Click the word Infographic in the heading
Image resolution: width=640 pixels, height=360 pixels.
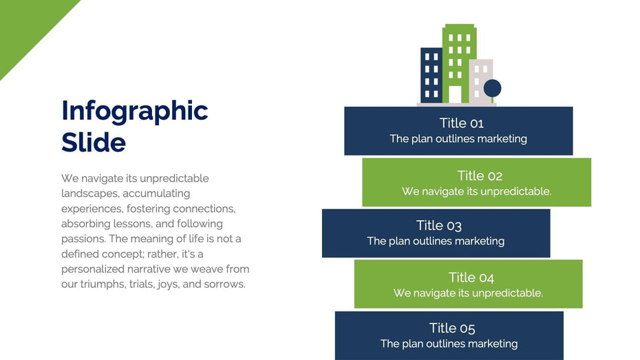coord(135,112)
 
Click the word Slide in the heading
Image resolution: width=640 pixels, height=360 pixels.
coord(94,142)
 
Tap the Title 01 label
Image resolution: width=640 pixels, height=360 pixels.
coord(461,123)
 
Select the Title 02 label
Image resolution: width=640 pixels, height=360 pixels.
coord(480,176)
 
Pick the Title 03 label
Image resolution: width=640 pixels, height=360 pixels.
coord(439,225)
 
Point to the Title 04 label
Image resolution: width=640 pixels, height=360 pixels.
coord(471,277)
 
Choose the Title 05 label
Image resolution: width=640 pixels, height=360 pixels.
coord(452,328)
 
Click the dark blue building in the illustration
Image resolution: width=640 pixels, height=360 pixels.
coord(431,75)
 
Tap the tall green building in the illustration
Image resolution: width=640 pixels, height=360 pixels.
coord(459,63)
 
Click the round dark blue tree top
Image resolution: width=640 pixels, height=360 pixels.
coord(492,88)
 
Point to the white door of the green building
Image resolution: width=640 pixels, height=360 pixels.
coord(455,94)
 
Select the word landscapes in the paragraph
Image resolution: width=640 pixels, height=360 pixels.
coord(90,193)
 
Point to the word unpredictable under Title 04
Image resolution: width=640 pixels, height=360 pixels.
coord(506,293)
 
